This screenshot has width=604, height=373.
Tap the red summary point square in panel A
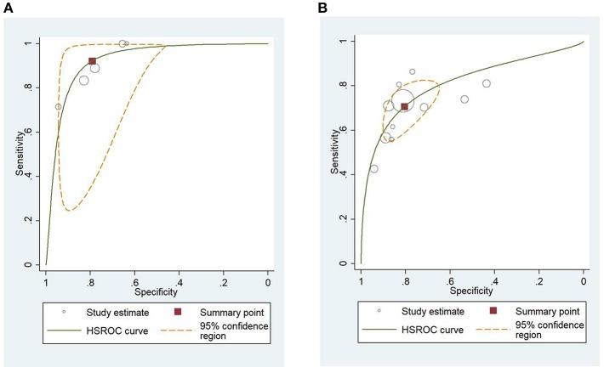pyautogui.click(x=92, y=61)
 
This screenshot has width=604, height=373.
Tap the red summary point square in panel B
pyautogui.click(x=404, y=107)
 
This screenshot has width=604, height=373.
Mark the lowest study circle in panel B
pyautogui.click(x=373, y=168)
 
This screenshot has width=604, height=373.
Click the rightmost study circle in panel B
pyautogui.click(x=487, y=83)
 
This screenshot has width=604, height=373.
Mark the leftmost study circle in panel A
pyautogui.click(x=58, y=107)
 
